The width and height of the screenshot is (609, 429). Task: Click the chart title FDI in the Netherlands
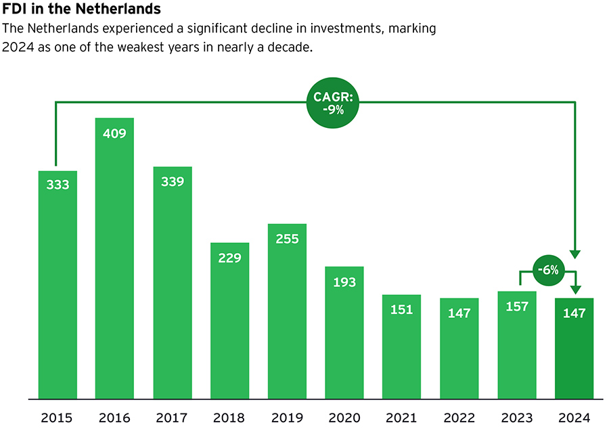click(82, 10)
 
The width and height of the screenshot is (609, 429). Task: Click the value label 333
click(58, 184)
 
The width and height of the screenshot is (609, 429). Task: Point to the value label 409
click(114, 133)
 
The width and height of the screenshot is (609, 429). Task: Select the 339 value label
click(173, 181)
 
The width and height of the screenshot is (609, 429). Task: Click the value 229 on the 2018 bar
click(230, 258)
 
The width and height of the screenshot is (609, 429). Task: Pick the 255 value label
click(287, 239)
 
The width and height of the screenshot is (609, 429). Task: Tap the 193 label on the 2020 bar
click(344, 281)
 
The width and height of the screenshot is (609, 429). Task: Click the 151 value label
click(401, 310)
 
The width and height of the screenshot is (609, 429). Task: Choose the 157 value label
click(517, 307)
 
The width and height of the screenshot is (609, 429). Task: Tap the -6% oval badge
click(548, 270)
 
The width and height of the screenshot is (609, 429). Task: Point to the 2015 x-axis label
click(58, 417)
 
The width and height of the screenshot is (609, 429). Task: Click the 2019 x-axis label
click(287, 417)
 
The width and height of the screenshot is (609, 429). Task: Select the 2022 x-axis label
click(459, 417)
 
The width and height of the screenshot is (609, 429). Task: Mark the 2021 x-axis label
click(401, 417)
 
